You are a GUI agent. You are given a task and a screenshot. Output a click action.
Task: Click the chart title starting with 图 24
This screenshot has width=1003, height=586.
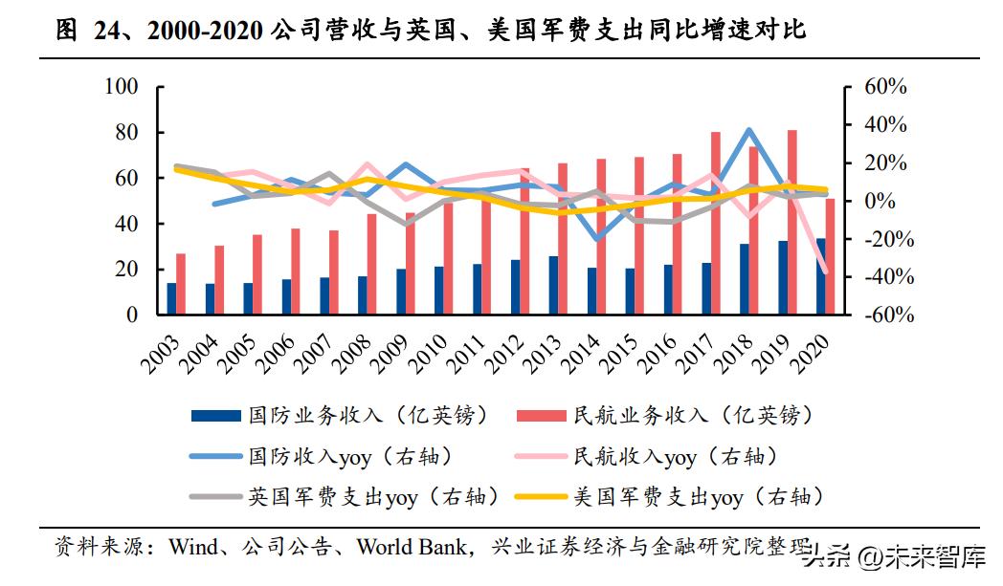pyautogui.click(x=432, y=31)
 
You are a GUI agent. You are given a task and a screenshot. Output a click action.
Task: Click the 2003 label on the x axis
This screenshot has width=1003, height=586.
pyautogui.click(x=165, y=355)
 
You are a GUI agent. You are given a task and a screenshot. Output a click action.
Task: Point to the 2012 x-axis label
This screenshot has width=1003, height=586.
pyautogui.click(x=509, y=355)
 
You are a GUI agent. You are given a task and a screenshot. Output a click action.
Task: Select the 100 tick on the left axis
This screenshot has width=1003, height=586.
pyautogui.click(x=122, y=87)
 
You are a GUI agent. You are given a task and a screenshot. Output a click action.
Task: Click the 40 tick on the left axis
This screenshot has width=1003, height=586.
pyautogui.click(x=126, y=224)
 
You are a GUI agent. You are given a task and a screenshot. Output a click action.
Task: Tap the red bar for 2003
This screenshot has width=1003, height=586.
pyautogui.click(x=181, y=284)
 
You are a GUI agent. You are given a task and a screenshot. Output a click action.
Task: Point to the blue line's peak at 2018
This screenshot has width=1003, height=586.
pyautogui.click(x=748, y=130)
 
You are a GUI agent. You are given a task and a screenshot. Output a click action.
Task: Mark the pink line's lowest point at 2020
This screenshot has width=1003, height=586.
pyautogui.click(x=825, y=271)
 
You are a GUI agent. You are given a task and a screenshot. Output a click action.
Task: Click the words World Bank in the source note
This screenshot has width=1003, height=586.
pyautogui.click(x=413, y=548)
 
